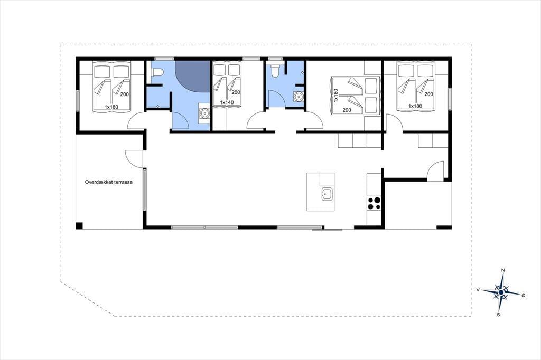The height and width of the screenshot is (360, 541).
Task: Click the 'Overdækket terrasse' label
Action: coord(109,182)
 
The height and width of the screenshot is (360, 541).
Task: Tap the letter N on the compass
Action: coord(503,270)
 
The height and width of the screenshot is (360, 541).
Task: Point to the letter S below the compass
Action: coord(498,315)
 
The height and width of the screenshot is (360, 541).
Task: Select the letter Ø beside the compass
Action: coord(524,296)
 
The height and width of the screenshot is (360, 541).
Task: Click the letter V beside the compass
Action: coord(478,290)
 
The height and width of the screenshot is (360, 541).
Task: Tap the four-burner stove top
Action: coord(374,203)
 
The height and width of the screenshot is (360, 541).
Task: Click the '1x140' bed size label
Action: coord(227,102)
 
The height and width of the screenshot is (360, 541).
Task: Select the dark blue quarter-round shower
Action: coord(192,76)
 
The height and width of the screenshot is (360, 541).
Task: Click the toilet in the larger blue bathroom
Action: coord(157,72)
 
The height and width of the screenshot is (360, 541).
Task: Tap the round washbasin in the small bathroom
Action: coord(298,97)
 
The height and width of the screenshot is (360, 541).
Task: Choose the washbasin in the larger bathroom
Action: coord(205,113)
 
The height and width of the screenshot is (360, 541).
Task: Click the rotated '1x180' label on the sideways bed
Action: coord(336,95)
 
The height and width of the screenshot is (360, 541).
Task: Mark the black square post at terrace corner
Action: coord(79,226)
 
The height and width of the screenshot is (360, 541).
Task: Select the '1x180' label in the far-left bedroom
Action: coord(111,107)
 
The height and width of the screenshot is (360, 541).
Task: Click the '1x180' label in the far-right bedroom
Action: coord(415,106)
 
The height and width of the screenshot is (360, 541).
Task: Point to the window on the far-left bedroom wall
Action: coord(78,101)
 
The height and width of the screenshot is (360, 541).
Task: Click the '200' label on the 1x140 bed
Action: coord(236,92)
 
